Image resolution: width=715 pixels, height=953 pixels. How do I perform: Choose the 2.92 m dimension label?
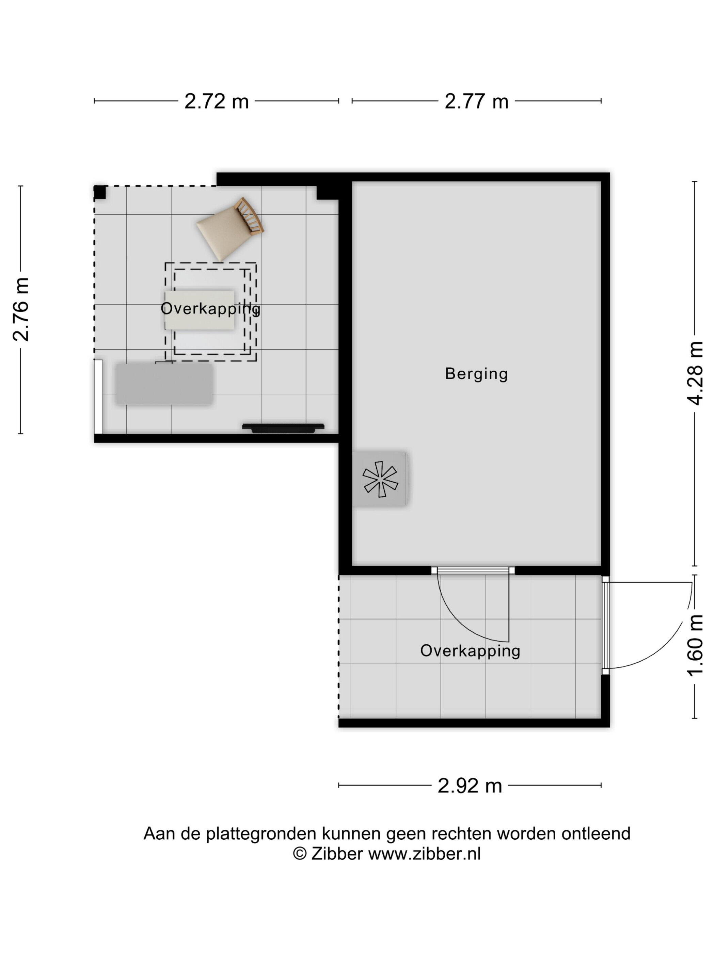tap(470, 786)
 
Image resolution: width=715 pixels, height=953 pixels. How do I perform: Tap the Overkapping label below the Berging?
tap(470, 650)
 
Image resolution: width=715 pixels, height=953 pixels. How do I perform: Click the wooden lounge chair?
tap(230, 229)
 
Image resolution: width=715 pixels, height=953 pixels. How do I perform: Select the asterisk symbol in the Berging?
tap(380, 479)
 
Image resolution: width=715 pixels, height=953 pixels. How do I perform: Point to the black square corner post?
tap(100, 192)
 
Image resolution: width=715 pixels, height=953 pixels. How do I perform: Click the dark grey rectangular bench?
tap(164, 384)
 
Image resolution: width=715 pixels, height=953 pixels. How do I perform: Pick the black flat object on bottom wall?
tap(283, 428)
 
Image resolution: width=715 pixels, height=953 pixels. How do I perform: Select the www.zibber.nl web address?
tap(424, 854)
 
